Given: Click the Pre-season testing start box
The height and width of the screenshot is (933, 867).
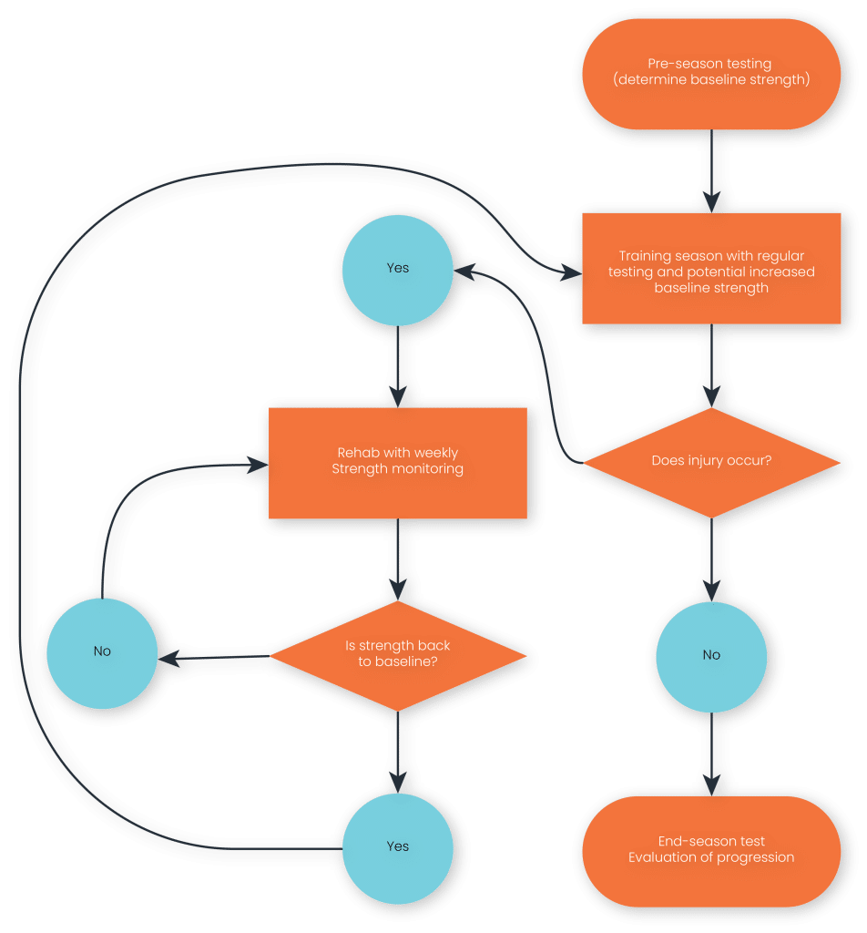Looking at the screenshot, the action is pos(711,74).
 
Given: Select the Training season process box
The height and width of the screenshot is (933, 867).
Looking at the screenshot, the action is pos(711,269).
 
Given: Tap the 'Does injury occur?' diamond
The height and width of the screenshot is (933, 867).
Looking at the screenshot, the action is pos(711,462).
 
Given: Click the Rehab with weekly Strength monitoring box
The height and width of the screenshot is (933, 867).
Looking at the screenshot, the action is pos(398,463).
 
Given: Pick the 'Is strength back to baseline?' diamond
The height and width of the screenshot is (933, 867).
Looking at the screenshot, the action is pos(398,656).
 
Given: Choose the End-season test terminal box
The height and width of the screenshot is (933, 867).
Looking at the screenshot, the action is pos(711,852).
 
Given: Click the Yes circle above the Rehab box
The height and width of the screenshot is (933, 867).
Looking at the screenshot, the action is pos(398,270).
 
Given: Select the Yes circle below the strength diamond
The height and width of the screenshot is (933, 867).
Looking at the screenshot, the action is pos(398,848).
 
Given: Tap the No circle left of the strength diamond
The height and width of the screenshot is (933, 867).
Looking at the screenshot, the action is pos(102,653).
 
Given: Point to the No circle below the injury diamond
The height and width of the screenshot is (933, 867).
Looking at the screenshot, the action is pos(711,657).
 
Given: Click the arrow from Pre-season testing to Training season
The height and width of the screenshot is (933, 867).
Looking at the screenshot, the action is pos(711,171).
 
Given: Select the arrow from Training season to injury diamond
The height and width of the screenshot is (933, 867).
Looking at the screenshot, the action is pos(711,366).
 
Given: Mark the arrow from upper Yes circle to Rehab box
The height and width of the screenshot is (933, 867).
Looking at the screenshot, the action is pos(398,366).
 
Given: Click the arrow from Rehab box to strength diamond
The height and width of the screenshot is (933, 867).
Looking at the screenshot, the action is pos(398,560).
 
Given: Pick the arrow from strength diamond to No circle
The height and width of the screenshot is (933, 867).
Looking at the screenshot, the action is pos(214,658).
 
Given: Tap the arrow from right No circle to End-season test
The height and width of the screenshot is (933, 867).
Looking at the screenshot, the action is pos(711,754).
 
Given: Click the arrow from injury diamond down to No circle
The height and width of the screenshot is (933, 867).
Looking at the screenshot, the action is pos(711,560).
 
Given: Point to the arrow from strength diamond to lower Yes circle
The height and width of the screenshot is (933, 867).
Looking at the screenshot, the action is pos(398,753).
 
